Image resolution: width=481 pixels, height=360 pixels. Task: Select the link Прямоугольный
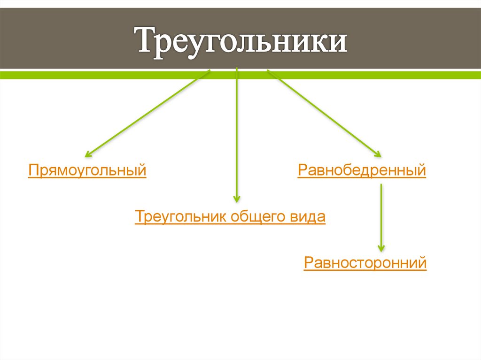pyautogui.click(x=87, y=169)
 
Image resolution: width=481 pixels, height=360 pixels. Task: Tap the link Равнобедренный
pyautogui.click(x=362, y=169)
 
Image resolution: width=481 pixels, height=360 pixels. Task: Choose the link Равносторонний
pyautogui.click(x=365, y=262)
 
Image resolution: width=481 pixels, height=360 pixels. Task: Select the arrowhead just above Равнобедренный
pyautogui.click(x=377, y=153)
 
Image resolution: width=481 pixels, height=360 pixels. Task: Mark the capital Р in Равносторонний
pyautogui.click(x=309, y=262)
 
